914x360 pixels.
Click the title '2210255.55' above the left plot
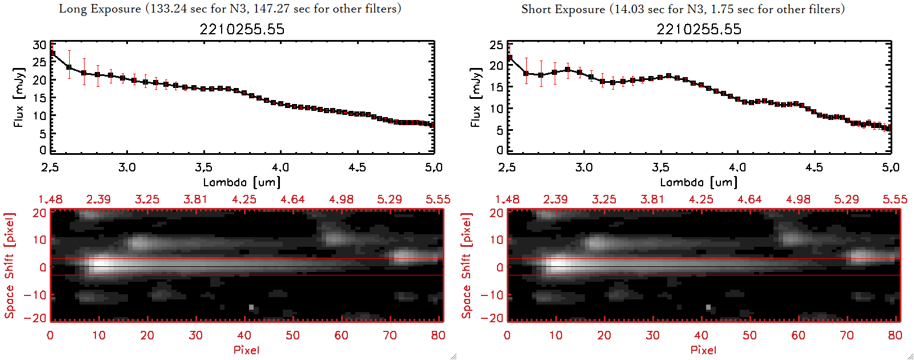[x=242, y=29]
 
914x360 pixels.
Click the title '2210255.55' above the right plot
[x=699, y=29]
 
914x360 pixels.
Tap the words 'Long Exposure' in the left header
[x=100, y=9]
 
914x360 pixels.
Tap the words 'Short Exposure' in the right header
[x=563, y=9]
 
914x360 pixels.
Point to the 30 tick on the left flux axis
[x=39, y=45]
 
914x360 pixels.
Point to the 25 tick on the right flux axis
[x=496, y=45]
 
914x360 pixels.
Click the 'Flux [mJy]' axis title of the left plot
[x=19, y=98]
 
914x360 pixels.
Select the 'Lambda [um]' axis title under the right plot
[x=699, y=182]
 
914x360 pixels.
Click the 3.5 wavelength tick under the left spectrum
[x=203, y=167]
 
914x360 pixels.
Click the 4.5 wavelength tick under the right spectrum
[x=814, y=167]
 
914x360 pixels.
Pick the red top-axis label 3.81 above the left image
[x=195, y=199]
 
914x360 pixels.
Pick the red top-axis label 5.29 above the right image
[x=846, y=199]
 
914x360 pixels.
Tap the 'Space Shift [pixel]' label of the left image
[x=9, y=266]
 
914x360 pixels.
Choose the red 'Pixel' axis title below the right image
[x=703, y=350]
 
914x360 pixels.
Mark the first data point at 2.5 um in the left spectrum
[x=52, y=53]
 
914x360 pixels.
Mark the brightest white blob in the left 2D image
[x=101, y=265]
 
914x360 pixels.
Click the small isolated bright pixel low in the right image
[x=708, y=307]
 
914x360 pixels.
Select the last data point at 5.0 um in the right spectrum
[x=889, y=129]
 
